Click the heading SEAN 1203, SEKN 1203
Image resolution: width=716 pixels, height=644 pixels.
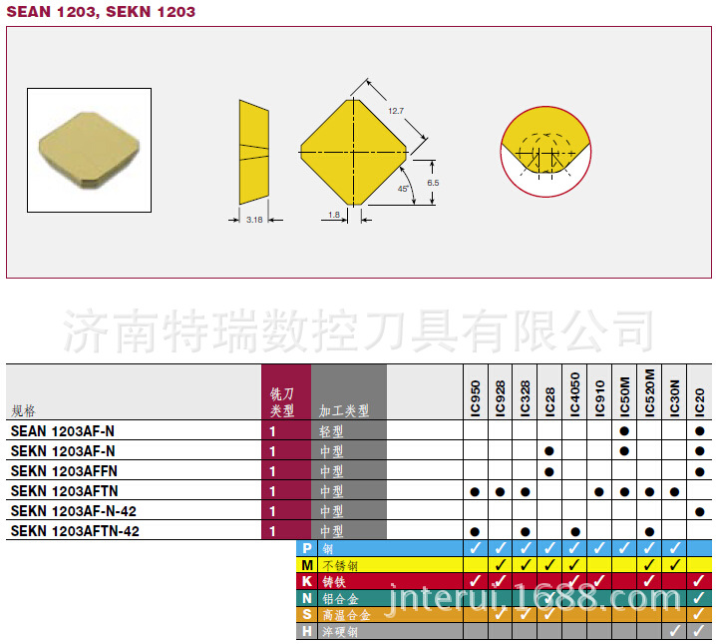click(x=101, y=12)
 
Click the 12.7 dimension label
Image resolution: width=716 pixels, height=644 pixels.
click(x=396, y=110)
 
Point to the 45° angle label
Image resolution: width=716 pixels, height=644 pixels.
click(x=403, y=188)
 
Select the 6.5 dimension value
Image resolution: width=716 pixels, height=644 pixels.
click(x=433, y=182)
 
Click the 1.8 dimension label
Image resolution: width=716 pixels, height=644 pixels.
click(x=333, y=215)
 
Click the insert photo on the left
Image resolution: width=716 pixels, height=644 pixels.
click(x=89, y=150)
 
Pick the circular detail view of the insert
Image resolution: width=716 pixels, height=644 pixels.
click(x=545, y=153)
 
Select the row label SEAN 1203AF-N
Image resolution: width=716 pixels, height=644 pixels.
click(x=62, y=431)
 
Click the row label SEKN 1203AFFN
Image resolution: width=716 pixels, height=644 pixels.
click(x=64, y=471)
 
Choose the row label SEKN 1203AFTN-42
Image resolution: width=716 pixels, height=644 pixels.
click(x=75, y=531)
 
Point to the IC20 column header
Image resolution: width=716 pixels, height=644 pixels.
click(x=699, y=400)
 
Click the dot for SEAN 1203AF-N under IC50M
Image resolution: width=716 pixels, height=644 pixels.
click(x=624, y=431)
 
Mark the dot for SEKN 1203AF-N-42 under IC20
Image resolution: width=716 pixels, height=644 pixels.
click(x=699, y=511)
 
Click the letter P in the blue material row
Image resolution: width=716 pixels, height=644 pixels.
click(x=307, y=548)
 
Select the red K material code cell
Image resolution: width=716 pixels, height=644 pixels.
click(x=307, y=581)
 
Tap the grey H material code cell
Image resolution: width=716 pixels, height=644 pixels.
click(x=307, y=631)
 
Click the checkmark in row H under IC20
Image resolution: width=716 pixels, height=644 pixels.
click(x=699, y=631)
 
